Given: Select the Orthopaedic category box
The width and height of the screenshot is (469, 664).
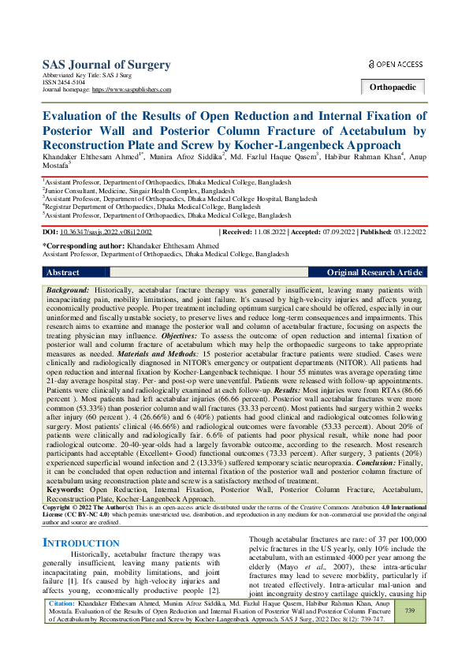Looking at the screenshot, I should (393, 88).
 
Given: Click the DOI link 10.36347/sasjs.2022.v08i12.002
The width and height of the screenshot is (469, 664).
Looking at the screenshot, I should (106, 232).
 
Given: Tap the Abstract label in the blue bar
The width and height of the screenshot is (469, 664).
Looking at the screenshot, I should (63, 272).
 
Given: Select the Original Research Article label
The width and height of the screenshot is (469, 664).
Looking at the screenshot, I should (374, 272).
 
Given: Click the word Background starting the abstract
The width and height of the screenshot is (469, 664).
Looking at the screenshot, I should (69, 291).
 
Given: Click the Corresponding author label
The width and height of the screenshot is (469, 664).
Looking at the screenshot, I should (80, 247).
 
